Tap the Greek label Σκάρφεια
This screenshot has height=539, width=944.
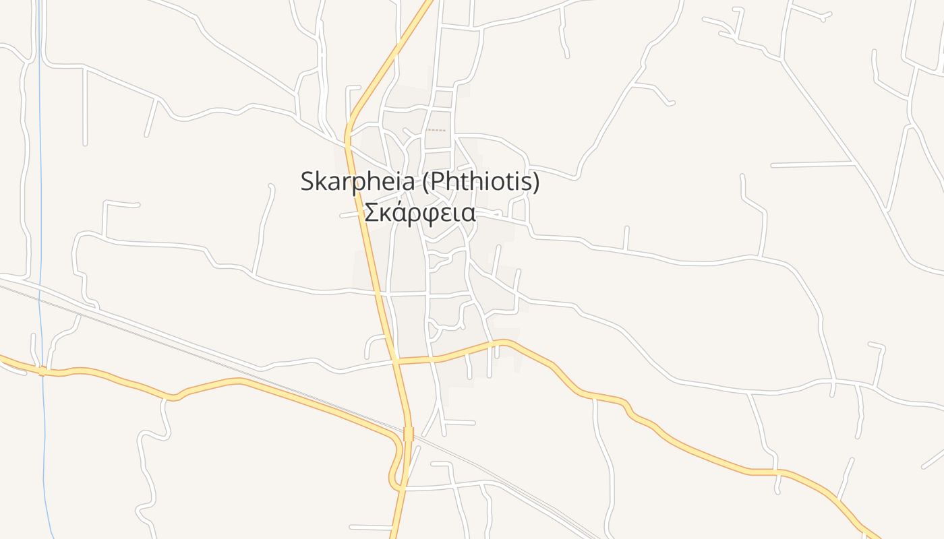(420, 213)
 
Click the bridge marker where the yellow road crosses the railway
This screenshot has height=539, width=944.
(408, 434)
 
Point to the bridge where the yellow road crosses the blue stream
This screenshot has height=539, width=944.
(42, 371)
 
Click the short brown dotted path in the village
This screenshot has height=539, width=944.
(436, 130)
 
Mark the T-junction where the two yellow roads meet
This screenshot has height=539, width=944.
(396, 362)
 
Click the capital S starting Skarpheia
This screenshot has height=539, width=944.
(308, 182)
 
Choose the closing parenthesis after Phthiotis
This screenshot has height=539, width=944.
(536, 182)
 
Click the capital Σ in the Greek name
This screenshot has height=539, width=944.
(371, 213)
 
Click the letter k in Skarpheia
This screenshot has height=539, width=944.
(322, 182)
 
